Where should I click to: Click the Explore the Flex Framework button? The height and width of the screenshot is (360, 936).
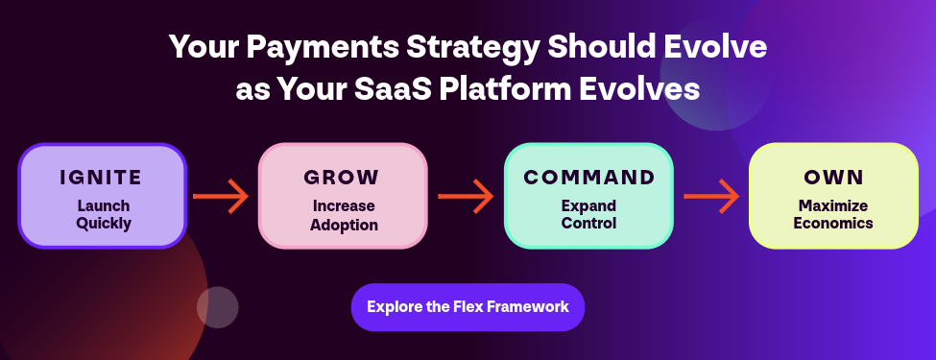click(468, 307)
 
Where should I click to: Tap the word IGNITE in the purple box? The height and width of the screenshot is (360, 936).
click(102, 178)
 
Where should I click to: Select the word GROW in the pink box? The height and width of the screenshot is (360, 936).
click(342, 178)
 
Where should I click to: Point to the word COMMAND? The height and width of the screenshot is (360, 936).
click(589, 178)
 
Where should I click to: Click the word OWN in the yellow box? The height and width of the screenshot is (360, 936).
click(834, 178)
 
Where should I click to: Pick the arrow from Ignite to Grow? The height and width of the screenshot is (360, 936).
click(221, 196)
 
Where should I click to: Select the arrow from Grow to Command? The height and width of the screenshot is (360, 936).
click(466, 196)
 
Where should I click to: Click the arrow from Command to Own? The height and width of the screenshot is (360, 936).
click(711, 196)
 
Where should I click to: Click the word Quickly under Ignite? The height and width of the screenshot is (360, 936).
click(104, 224)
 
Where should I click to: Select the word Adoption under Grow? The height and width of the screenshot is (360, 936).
click(344, 225)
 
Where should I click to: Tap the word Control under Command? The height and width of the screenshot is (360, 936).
click(588, 224)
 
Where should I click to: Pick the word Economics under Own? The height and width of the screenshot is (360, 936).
click(833, 224)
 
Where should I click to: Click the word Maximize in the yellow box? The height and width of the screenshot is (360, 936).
click(833, 206)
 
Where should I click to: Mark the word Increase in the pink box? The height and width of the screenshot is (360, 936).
click(344, 206)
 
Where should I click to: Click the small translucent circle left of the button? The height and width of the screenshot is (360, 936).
click(218, 307)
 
